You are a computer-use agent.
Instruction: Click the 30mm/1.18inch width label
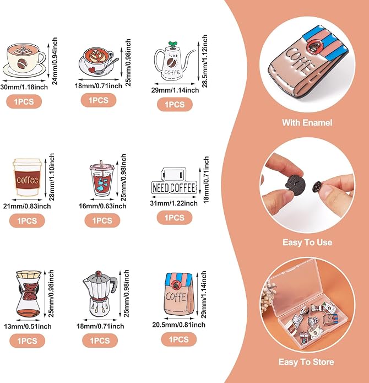[x=24, y=87]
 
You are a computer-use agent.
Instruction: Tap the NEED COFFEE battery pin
[x=174, y=181]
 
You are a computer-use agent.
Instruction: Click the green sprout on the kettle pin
[x=172, y=44]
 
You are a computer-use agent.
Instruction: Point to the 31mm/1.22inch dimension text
[x=174, y=203]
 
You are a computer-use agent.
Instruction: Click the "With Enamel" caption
[x=307, y=122]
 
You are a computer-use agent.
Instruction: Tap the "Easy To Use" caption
[x=307, y=242]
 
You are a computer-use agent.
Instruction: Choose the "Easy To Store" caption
[x=306, y=362]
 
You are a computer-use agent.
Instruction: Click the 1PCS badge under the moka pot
[x=100, y=341]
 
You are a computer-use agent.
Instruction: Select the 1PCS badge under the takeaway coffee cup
[x=27, y=220]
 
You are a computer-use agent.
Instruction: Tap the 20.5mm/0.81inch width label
[x=178, y=325]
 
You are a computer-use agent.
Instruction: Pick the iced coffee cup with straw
[x=102, y=179]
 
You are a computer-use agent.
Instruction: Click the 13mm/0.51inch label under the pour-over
[x=28, y=326]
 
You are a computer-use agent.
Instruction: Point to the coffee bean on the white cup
[x=22, y=63]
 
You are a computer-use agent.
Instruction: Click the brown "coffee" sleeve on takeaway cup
[x=28, y=180]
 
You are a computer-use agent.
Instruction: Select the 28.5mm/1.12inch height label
[x=204, y=61]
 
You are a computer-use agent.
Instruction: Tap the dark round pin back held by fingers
[x=295, y=186]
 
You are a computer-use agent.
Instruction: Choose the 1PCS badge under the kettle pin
[x=175, y=104]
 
